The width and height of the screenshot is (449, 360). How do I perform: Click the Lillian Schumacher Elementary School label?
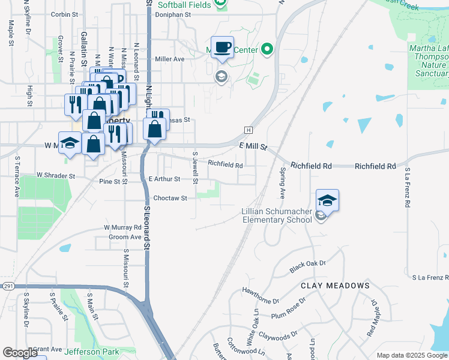click(x=277, y=215)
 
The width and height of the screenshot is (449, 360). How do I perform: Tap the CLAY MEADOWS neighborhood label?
click(x=335, y=286)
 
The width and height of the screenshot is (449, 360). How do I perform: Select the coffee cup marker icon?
click(x=222, y=47)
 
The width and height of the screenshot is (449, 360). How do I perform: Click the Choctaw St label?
click(x=170, y=198)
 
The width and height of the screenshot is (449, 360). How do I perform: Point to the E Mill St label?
click(x=252, y=146)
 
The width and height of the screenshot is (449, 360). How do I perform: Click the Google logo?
click(x=20, y=353)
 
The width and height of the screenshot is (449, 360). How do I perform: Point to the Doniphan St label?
click(x=173, y=14)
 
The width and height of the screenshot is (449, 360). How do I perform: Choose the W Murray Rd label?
click(x=122, y=227)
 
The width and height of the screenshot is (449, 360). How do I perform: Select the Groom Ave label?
click(x=125, y=237)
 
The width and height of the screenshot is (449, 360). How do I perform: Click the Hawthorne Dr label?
click(x=261, y=292)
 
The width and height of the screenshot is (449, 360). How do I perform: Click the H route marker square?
click(x=248, y=130)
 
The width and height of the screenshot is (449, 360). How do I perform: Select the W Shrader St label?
click(x=55, y=176)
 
